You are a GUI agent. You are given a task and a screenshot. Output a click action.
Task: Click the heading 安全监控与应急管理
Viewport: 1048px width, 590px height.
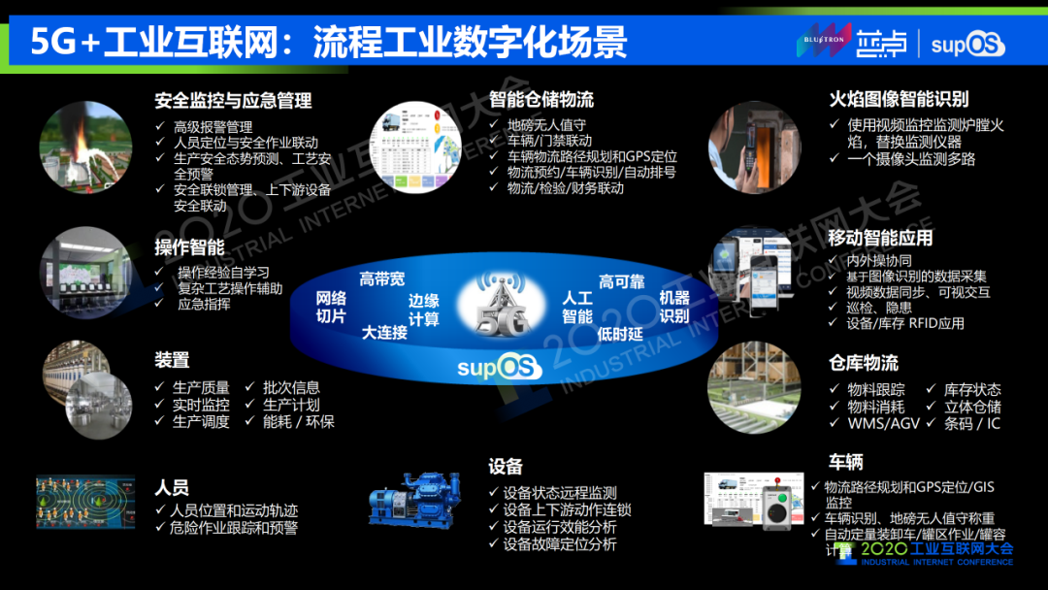click(233, 100)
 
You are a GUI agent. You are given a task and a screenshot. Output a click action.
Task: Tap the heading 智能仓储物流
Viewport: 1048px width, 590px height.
click(541, 99)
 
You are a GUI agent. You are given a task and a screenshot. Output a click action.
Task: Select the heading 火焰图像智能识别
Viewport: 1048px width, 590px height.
click(899, 99)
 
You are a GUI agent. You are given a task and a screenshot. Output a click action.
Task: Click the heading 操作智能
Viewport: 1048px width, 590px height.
click(189, 246)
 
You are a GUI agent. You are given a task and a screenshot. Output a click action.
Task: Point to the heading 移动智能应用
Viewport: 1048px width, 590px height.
click(880, 238)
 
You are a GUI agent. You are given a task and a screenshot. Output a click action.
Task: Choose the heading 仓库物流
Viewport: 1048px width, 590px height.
click(863, 363)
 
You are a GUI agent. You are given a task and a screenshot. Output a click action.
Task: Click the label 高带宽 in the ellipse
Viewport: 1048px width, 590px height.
click(382, 279)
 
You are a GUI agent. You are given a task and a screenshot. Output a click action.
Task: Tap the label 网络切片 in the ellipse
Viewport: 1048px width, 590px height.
click(331, 307)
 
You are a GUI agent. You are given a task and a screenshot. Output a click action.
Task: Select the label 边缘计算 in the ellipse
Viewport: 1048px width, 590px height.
click(423, 310)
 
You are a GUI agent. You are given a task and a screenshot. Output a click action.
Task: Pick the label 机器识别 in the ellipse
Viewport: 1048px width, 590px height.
click(674, 307)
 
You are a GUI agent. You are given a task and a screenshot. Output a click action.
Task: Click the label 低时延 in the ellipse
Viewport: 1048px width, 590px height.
click(621, 334)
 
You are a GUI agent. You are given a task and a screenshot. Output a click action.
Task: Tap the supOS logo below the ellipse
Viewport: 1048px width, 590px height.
click(501, 368)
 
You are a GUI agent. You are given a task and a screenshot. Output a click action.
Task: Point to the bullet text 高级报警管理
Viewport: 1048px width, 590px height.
click(213, 126)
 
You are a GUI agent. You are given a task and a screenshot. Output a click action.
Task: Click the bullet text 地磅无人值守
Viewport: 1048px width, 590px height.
click(546, 125)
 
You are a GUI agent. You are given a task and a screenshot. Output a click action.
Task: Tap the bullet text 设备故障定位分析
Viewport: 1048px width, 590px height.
click(559, 544)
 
